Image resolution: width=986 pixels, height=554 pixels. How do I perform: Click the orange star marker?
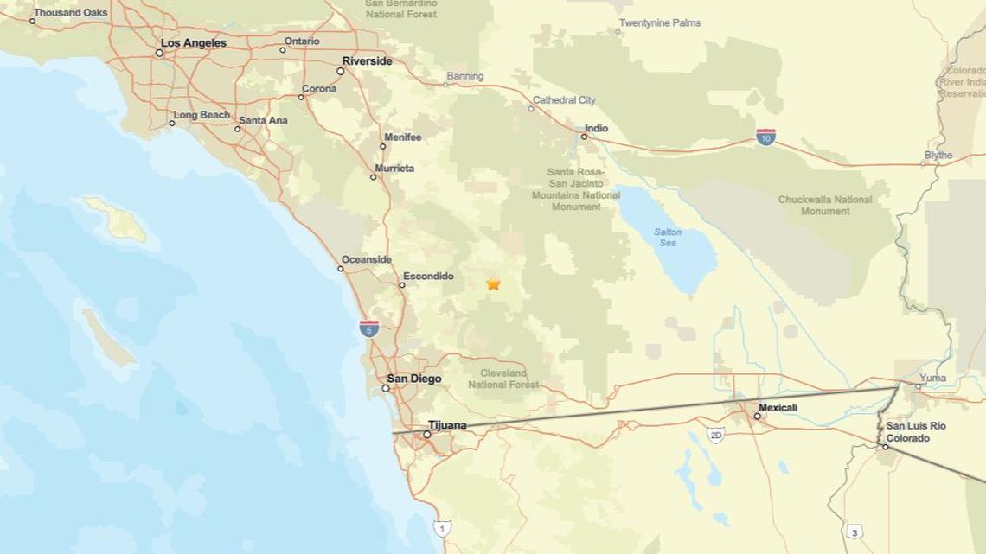click(493, 283)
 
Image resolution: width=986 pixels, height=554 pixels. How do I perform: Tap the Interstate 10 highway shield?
click(765, 137)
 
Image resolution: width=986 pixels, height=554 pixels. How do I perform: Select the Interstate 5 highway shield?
click(368, 328)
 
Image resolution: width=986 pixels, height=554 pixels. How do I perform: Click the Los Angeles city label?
click(193, 43)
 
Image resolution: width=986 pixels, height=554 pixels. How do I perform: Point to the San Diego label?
click(413, 379)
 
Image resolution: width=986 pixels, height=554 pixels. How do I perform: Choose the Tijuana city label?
click(447, 425)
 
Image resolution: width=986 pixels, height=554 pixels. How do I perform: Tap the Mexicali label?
click(778, 407)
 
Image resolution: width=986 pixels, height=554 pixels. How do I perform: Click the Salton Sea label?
click(668, 238)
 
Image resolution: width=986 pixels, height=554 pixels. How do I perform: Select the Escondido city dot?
click(402, 284)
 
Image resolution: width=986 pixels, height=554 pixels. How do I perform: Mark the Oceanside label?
click(366, 259)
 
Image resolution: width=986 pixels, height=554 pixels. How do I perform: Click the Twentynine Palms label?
click(660, 22)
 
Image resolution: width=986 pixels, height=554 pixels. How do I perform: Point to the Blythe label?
click(938, 156)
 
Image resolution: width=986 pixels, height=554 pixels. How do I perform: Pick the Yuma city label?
click(932, 378)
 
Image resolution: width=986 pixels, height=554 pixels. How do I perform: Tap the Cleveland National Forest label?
click(503, 379)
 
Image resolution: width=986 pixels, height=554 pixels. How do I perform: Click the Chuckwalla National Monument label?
click(825, 205)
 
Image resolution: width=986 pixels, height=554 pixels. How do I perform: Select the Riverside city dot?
click(341, 71)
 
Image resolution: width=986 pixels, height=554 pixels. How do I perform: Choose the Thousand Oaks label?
click(70, 13)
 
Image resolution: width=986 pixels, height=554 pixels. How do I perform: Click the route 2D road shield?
click(715, 435)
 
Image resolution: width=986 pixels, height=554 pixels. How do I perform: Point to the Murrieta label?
click(394, 169)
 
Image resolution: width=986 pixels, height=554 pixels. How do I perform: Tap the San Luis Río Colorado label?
click(915, 432)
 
